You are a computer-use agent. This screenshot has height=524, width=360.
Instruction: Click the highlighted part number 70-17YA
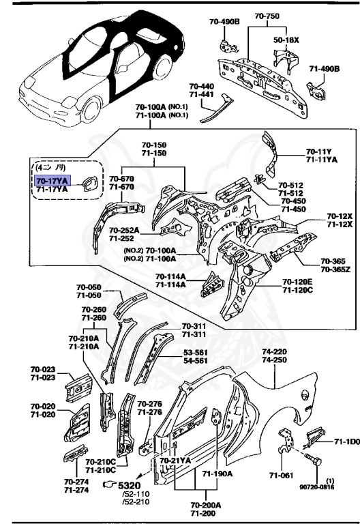point(52,180)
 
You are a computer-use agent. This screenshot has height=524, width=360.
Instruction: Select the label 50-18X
point(286,40)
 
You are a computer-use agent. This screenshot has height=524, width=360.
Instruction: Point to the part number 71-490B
point(325,69)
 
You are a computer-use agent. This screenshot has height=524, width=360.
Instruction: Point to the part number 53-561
point(196,353)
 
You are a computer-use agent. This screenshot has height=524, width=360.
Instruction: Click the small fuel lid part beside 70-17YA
point(87,184)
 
